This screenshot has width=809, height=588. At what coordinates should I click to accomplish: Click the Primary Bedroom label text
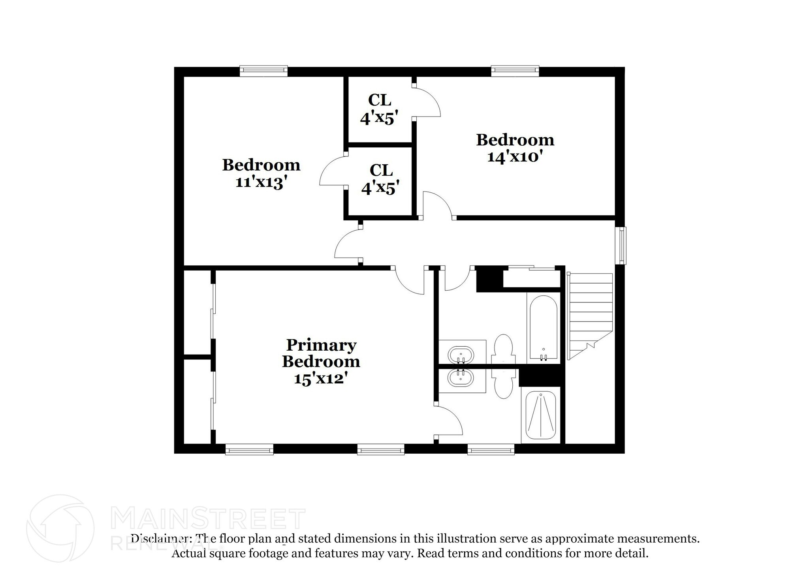(321, 353)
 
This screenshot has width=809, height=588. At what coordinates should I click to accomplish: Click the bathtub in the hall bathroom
(544, 327)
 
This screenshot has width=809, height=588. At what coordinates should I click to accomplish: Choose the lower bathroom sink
(461, 378)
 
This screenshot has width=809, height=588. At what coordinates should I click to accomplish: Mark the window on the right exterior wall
(622, 245)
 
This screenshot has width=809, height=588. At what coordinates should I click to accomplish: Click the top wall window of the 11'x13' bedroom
(263, 71)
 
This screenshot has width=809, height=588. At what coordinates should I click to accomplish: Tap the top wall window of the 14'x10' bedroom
(515, 71)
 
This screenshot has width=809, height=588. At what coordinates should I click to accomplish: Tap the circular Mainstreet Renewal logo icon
(60, 528)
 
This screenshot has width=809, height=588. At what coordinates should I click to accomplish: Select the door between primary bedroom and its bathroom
(449, 422)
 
